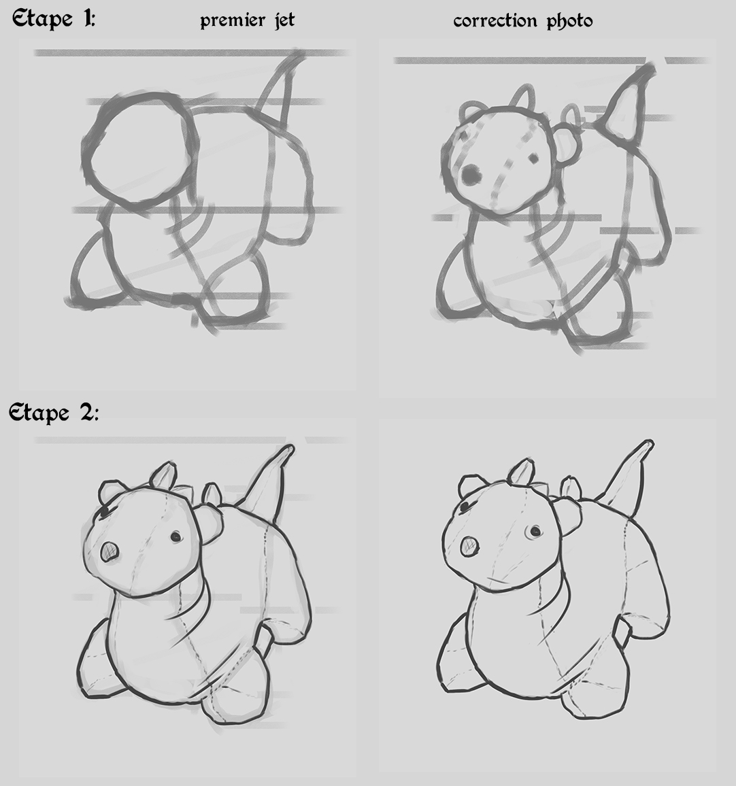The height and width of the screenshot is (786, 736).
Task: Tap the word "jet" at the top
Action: click(284, 20)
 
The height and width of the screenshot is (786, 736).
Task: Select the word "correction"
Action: click(495, 21)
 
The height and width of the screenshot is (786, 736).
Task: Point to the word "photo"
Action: click(569, 21)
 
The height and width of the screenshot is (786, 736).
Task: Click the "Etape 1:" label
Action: click(54, 20)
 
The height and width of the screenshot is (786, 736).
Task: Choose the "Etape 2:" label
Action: click(54, 413)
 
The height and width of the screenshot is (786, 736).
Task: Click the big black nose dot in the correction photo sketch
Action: click(471, 175)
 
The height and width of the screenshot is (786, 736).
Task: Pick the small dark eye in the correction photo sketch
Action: click(533, 159)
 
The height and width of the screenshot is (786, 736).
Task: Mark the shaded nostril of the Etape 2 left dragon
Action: click(110, 552)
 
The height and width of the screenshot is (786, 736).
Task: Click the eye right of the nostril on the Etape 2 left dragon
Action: click(176, 537)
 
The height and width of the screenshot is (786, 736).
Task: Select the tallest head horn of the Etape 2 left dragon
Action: click(164, 475)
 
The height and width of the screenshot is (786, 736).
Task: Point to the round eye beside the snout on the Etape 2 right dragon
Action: click(535, 531)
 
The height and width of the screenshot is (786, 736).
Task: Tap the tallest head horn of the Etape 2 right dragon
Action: click(522, 472)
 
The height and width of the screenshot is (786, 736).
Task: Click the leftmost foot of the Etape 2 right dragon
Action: click(456, 657)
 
